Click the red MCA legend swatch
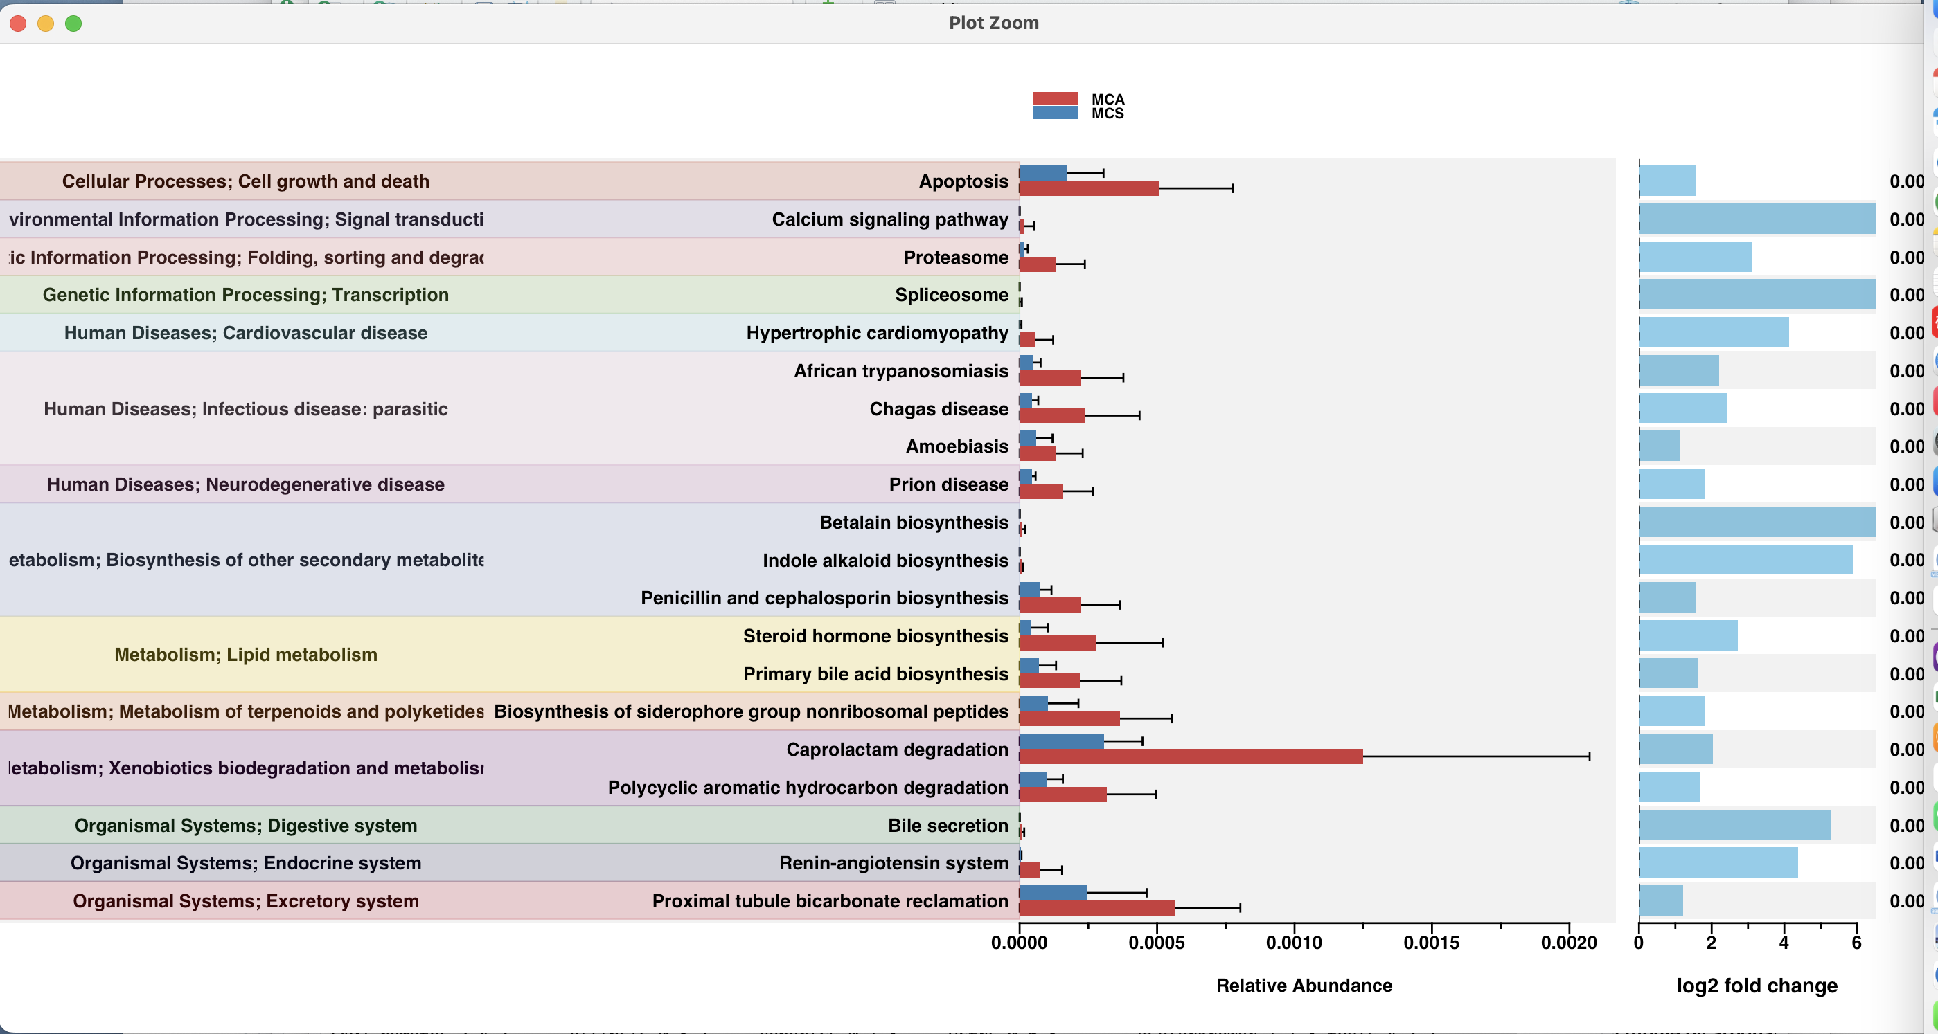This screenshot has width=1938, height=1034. pos(1055,98)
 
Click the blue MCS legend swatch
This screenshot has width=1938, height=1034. pos(1055,113)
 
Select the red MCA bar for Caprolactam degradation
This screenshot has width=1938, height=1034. pos(1190,756)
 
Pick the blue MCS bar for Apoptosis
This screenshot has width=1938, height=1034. pos(1042,173)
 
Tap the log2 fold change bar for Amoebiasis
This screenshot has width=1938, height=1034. pos(1659,446)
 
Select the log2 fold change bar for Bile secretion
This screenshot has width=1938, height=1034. pos(1734,825)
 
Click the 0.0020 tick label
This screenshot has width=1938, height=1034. pos(1569,942)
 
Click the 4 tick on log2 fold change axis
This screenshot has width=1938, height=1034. pos(1784,942)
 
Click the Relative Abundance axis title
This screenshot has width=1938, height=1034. pos(1304,985)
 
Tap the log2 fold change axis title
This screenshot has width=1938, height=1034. pos(1757,985)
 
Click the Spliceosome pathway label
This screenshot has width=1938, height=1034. pos(951,295)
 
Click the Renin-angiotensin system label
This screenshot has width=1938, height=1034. pos(893,862)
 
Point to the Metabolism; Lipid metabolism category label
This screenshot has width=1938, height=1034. pos(245,654)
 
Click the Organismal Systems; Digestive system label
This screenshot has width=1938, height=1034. pos(245,825)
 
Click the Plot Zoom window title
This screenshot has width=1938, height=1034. pos(993,23)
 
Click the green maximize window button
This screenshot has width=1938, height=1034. pos(73,24)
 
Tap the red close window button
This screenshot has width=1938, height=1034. pos(18,24)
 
